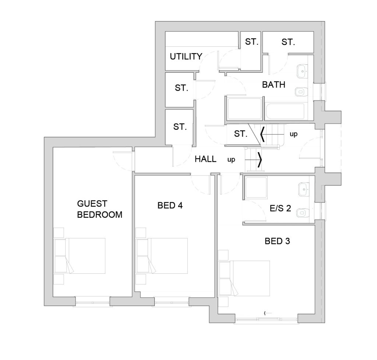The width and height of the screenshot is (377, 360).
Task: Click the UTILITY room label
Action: click(186, 56)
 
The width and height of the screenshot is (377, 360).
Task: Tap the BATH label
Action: click(274, 85)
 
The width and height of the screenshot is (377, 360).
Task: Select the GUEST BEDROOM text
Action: click(99, 209)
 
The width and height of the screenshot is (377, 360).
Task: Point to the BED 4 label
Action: click(170, 206)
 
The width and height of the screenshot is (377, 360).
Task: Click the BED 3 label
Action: click(277, 241)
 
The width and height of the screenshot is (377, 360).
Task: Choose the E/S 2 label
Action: click(280, 208)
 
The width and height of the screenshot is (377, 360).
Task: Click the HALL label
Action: click(205, 159)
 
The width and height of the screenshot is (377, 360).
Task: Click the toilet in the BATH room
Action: click(300, 92)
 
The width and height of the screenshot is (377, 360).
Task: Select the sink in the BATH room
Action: click(302, 71)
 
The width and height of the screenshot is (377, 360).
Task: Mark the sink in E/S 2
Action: click(303, 189)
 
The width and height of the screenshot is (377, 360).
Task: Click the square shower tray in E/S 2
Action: click(256, 188)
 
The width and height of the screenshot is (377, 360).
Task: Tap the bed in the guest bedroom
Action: click(85, 256)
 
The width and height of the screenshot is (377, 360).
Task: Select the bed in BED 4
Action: click(168, 256)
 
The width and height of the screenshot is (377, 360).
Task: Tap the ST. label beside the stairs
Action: click(241, 134)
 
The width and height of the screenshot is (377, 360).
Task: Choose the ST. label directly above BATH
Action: click(288, 42)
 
